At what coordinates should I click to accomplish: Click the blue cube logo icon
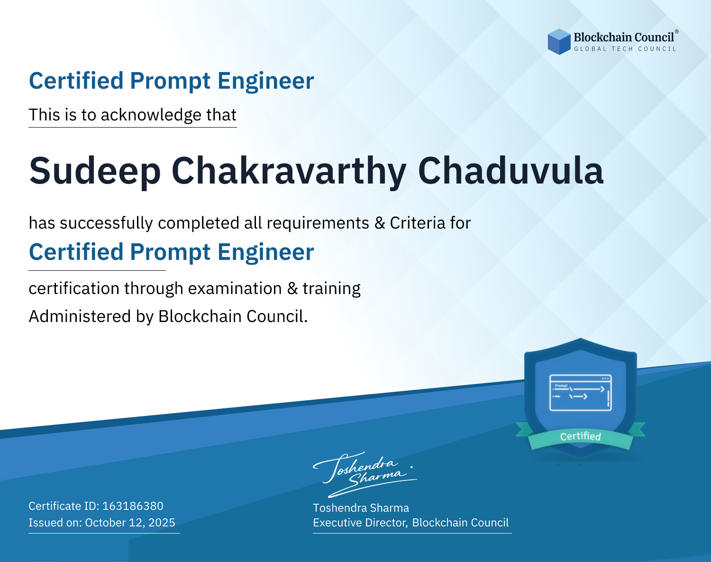click(559, 42)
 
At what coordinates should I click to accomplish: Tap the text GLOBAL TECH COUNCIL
click(625, 49)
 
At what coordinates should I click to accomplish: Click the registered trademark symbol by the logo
click(677, 32)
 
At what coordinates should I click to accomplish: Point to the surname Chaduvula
click(511, 171)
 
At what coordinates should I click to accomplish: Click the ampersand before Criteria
click(380, 223)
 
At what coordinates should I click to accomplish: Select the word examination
click(235, 288)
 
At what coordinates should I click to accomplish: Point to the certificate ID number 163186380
click(133, 506)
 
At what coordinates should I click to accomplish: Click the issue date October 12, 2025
click(130, 523)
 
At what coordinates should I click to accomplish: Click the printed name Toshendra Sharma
click(361, 508)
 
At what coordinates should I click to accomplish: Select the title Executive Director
click(359, 523)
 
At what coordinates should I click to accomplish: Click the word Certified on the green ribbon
click(581, 436)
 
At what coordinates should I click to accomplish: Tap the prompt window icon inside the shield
click(581, 393)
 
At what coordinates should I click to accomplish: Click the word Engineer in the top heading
click(265, 81)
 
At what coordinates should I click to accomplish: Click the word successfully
click(106, 223)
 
